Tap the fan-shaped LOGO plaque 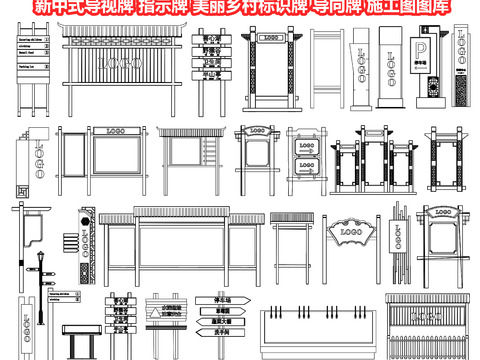[350, 233]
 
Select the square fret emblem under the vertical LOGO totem [21, 190]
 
